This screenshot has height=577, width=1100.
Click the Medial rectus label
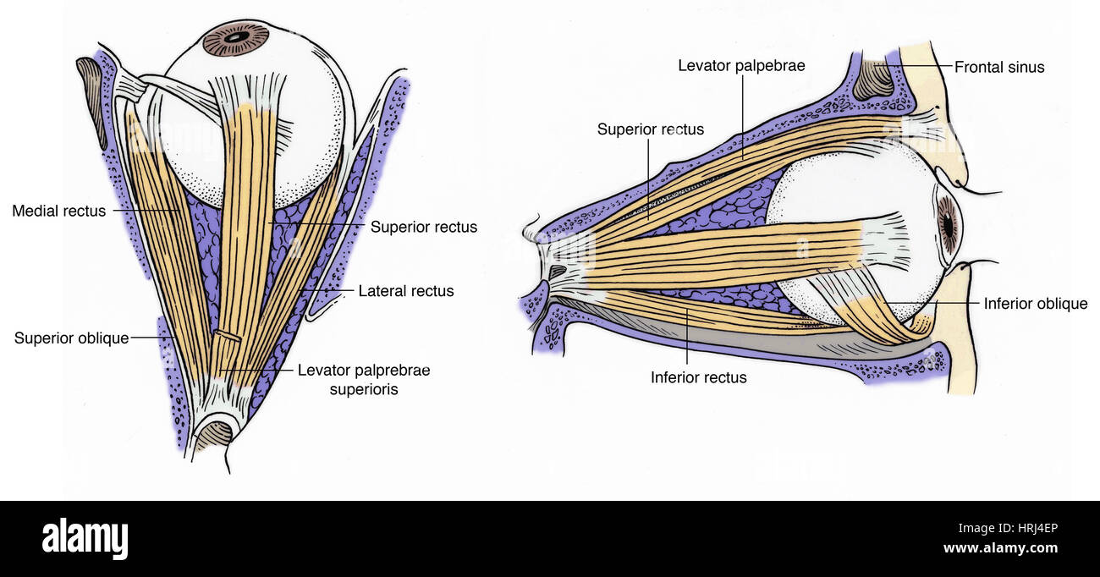[59, 211]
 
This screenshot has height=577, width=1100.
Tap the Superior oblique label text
[71, 338]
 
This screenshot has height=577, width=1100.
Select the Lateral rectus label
[406, 291]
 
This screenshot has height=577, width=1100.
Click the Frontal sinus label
[999, 67]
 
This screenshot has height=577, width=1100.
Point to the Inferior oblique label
[1035, 303]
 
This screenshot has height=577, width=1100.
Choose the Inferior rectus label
[698, 377]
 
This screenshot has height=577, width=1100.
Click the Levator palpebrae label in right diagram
[741, 65]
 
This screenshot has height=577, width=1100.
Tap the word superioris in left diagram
[364, 389]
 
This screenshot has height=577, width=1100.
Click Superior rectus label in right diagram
[651, 129]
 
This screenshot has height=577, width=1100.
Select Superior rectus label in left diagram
[424, 227]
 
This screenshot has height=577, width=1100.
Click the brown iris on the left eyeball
[236, 39]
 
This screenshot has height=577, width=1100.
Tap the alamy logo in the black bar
[85, 538]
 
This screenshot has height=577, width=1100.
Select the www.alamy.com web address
[1000, 548]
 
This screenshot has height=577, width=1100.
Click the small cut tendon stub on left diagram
[227, 336]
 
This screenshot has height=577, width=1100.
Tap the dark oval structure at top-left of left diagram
[91, 102]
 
